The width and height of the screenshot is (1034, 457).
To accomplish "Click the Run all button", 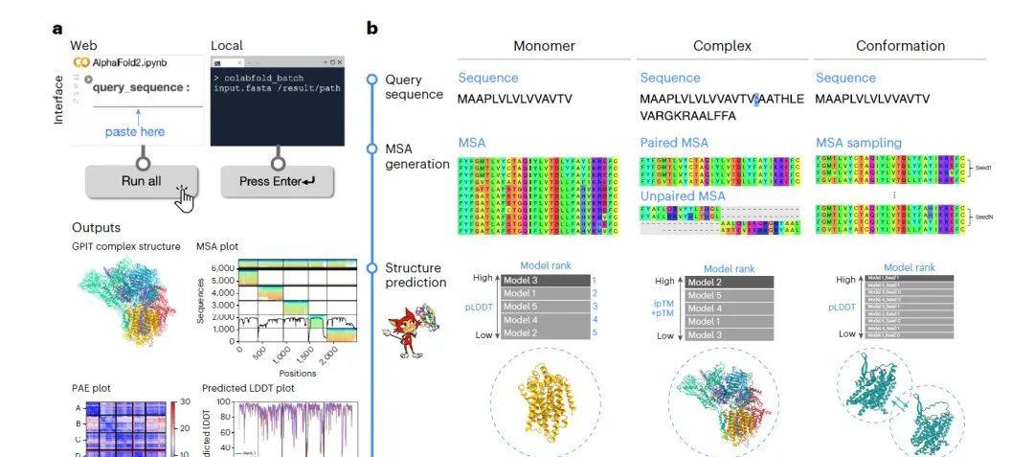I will (x=142, y=180).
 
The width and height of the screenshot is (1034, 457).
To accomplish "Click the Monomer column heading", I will (x=544, y=46).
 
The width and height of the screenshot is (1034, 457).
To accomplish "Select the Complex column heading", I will (x=722, y=46).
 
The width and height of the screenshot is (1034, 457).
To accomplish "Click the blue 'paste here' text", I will (x=135, y=131).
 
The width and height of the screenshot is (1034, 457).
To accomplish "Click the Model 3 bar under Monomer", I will (x=542, y=279).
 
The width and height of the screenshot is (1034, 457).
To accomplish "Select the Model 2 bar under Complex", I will (x=730, y=282).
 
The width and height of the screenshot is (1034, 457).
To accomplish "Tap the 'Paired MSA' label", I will (x=674, y=143).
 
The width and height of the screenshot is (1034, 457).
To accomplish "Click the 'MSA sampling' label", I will (x=859, y=143).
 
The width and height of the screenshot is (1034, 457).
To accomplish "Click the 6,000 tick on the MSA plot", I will (x=221, y=267).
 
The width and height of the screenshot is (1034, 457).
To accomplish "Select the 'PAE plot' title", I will (x=94, y=388).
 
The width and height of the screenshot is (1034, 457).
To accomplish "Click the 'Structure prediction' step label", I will (x=415, y=275).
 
